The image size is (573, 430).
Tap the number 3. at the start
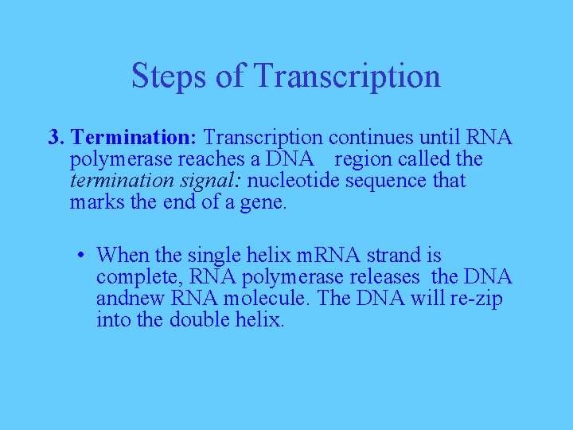coord(56,138)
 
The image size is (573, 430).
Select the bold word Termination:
coord(135,138)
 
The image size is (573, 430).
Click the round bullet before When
coord(82,256)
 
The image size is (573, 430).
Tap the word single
coord(214,256)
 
